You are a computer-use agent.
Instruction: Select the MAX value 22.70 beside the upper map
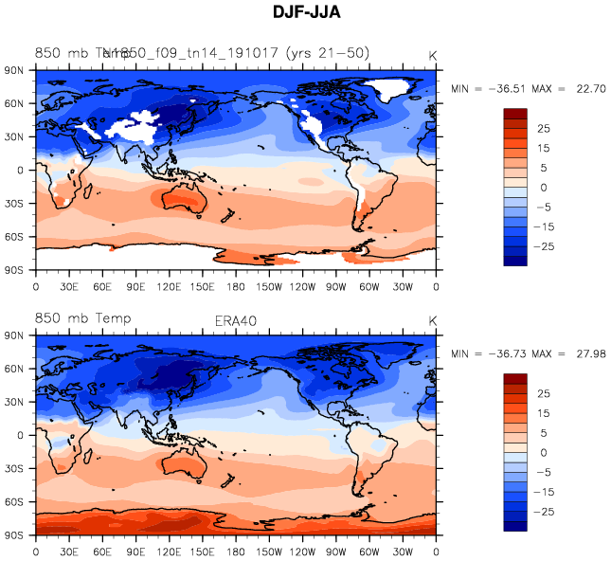(x=588, y=88)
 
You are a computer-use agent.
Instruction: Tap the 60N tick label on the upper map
(x=14, y=103)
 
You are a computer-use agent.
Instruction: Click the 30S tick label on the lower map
(x=14, y=468)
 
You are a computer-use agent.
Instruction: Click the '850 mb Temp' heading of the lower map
(x=82, y=318)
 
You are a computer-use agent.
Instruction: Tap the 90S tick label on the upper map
(x=14, y=269)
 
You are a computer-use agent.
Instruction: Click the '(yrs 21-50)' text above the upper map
(x=325, y=53)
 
